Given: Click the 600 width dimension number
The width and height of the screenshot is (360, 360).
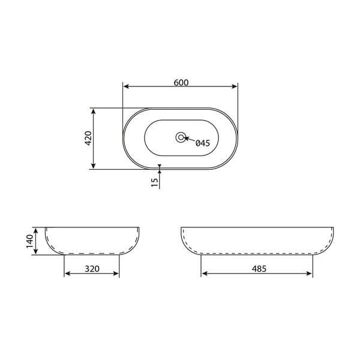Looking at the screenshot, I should tap(181, 83).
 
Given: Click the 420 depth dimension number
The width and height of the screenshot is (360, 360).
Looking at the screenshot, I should tap(88, 139).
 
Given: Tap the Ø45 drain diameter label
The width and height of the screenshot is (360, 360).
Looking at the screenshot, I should tap(202, 143).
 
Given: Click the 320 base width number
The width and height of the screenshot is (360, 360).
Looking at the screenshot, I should tap(92, 269).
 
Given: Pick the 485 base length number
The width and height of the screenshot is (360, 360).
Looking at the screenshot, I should tap(257, 269).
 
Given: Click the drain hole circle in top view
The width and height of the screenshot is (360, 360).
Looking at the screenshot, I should tap(181, 137).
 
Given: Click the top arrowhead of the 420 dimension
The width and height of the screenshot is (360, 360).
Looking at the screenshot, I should tap(93, 111).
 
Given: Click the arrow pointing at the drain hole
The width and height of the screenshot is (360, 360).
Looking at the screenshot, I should tap(187, 139).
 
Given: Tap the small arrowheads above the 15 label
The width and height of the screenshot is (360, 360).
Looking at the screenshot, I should tap(159, 167).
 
